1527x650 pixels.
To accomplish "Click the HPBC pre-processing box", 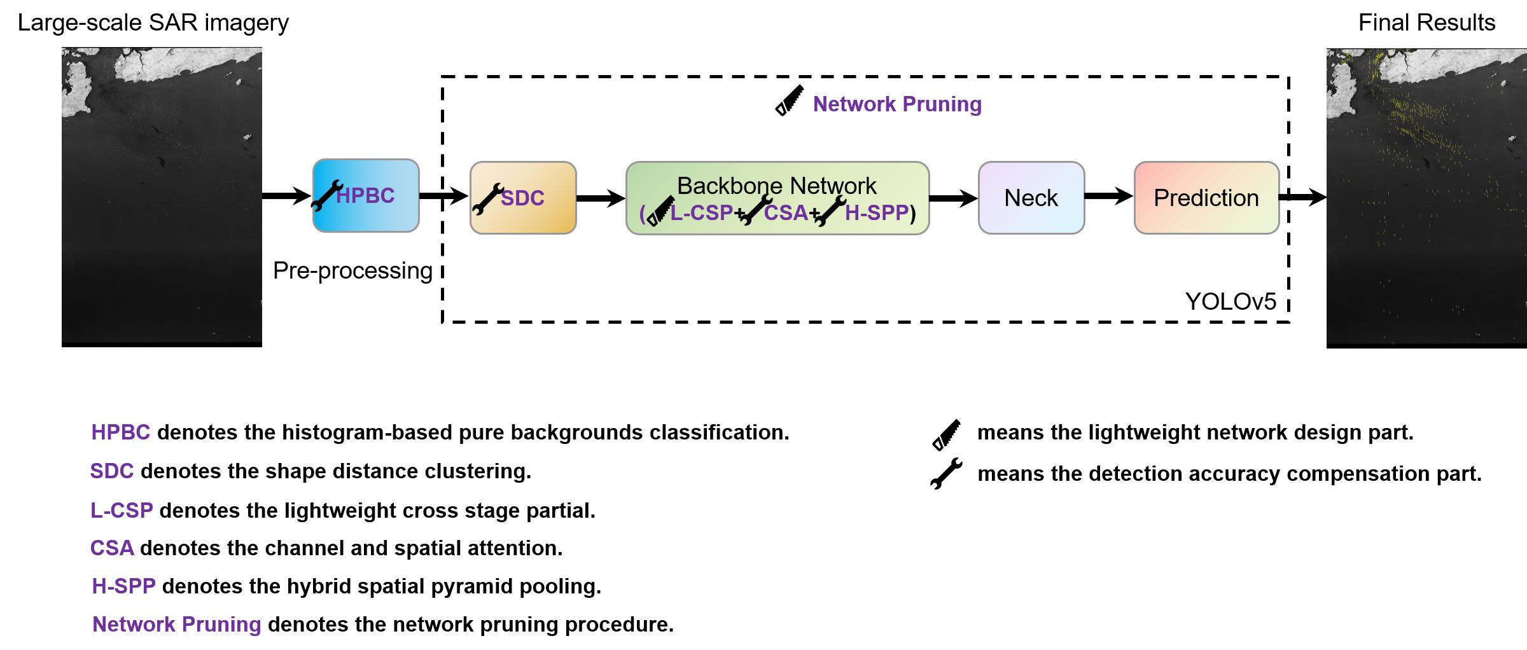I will [366, 195].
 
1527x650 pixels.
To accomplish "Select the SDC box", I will [523, 198].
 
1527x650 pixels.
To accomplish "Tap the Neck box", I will [1031, 198].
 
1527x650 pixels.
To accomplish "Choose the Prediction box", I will [1206, 198].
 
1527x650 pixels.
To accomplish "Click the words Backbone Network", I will [776, 186].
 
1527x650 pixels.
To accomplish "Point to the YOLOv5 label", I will [1231, 301].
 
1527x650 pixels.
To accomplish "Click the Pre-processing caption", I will [352, 271].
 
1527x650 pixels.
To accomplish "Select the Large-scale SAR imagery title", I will [153, 23].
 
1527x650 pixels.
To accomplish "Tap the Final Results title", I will [1426, 23].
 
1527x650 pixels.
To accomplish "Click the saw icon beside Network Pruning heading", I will [790, 101].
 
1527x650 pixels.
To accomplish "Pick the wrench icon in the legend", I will [946, 474].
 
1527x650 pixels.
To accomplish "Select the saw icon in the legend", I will [946, 435].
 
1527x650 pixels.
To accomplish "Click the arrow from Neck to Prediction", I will [1108, 197].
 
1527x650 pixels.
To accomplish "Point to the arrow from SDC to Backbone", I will [601, 198].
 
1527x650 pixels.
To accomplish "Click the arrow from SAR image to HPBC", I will [286, 195].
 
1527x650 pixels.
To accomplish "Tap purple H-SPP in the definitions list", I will [123, 586].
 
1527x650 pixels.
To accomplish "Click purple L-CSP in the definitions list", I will [122, 511].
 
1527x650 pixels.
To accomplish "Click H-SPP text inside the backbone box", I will [876, 212].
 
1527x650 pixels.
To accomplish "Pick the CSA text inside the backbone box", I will [786, 212].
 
